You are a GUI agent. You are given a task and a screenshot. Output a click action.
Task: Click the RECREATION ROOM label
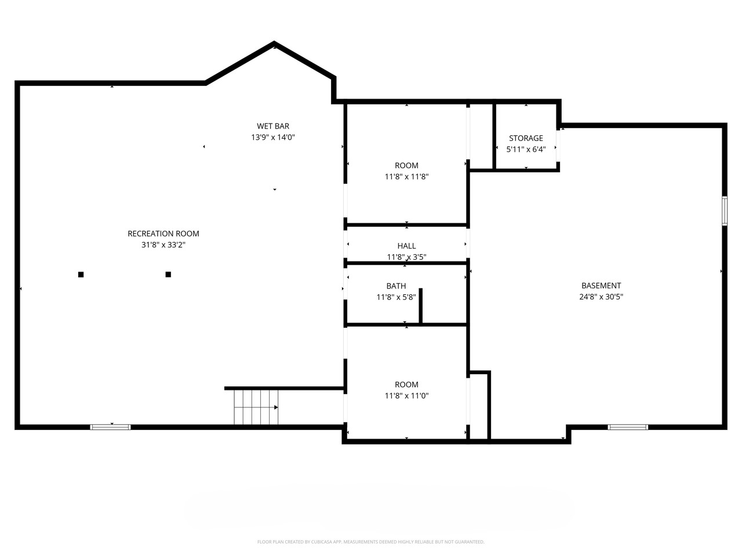tap(163, 234)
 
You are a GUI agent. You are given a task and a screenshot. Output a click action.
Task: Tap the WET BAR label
tap(273, 126)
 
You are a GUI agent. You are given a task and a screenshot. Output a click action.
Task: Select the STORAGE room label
tap(526, 138)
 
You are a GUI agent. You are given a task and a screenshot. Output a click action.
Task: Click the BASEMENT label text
tap(601, 285)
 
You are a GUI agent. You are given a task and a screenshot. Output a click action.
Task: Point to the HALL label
tap(406, 246)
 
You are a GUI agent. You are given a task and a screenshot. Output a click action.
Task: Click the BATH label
tap(396, 286)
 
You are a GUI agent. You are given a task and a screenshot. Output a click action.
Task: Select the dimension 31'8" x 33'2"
tap(163, 245)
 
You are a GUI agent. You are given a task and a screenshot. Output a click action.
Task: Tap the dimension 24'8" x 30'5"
tap(601, 296)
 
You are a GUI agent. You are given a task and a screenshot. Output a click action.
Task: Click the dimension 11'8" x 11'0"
tap(406, 396)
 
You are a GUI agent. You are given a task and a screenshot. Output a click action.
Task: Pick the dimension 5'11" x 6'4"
tap(526, 149)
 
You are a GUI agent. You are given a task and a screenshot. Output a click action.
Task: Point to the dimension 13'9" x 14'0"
tap(273, 138)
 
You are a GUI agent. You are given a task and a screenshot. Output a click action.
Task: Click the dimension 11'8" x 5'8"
tap(396, 297)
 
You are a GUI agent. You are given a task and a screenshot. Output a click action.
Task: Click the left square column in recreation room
tap(81, 274)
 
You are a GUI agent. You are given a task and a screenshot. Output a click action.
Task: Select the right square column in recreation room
tap(168, 274)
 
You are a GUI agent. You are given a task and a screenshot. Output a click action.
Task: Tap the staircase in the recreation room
tap(256, 407)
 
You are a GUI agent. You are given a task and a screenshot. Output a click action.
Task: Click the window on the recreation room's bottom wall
tap(111, 427)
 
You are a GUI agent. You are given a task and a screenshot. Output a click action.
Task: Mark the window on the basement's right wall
tap(725, 211)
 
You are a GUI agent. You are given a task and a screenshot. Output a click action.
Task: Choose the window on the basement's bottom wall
tap(628, 427)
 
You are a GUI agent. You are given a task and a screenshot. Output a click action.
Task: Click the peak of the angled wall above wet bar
tap(274, 44)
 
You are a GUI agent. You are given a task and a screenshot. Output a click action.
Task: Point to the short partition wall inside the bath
tap(421, 306)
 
